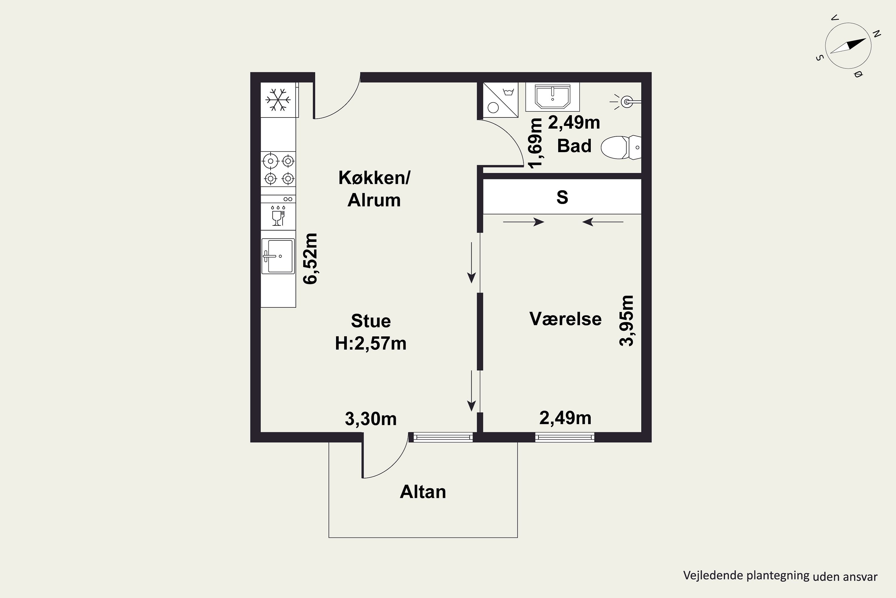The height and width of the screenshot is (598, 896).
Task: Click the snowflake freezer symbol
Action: point(278,100)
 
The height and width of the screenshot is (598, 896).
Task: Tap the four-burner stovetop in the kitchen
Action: point(278,169)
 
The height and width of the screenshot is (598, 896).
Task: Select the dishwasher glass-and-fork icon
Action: point(278,216)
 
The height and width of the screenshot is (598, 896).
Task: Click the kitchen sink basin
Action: point(278,256)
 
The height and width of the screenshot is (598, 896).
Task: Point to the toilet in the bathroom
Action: point(621,147)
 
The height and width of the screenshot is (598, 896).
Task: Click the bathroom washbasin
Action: point(552,97)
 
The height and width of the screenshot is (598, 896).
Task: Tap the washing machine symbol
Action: point(501,100)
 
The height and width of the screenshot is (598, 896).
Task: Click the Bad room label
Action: point(574,146)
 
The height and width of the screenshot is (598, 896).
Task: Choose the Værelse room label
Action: point(565,319)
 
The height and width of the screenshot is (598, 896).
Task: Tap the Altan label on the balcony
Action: point(423,492)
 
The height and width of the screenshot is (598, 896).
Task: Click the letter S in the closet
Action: point(562,197)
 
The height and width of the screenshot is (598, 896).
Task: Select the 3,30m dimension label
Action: point(371,419)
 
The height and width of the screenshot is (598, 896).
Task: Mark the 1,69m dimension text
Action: point(536,143)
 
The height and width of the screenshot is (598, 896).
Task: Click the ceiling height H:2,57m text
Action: point(371,344)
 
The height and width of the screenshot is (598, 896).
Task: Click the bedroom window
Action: point(564,437)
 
